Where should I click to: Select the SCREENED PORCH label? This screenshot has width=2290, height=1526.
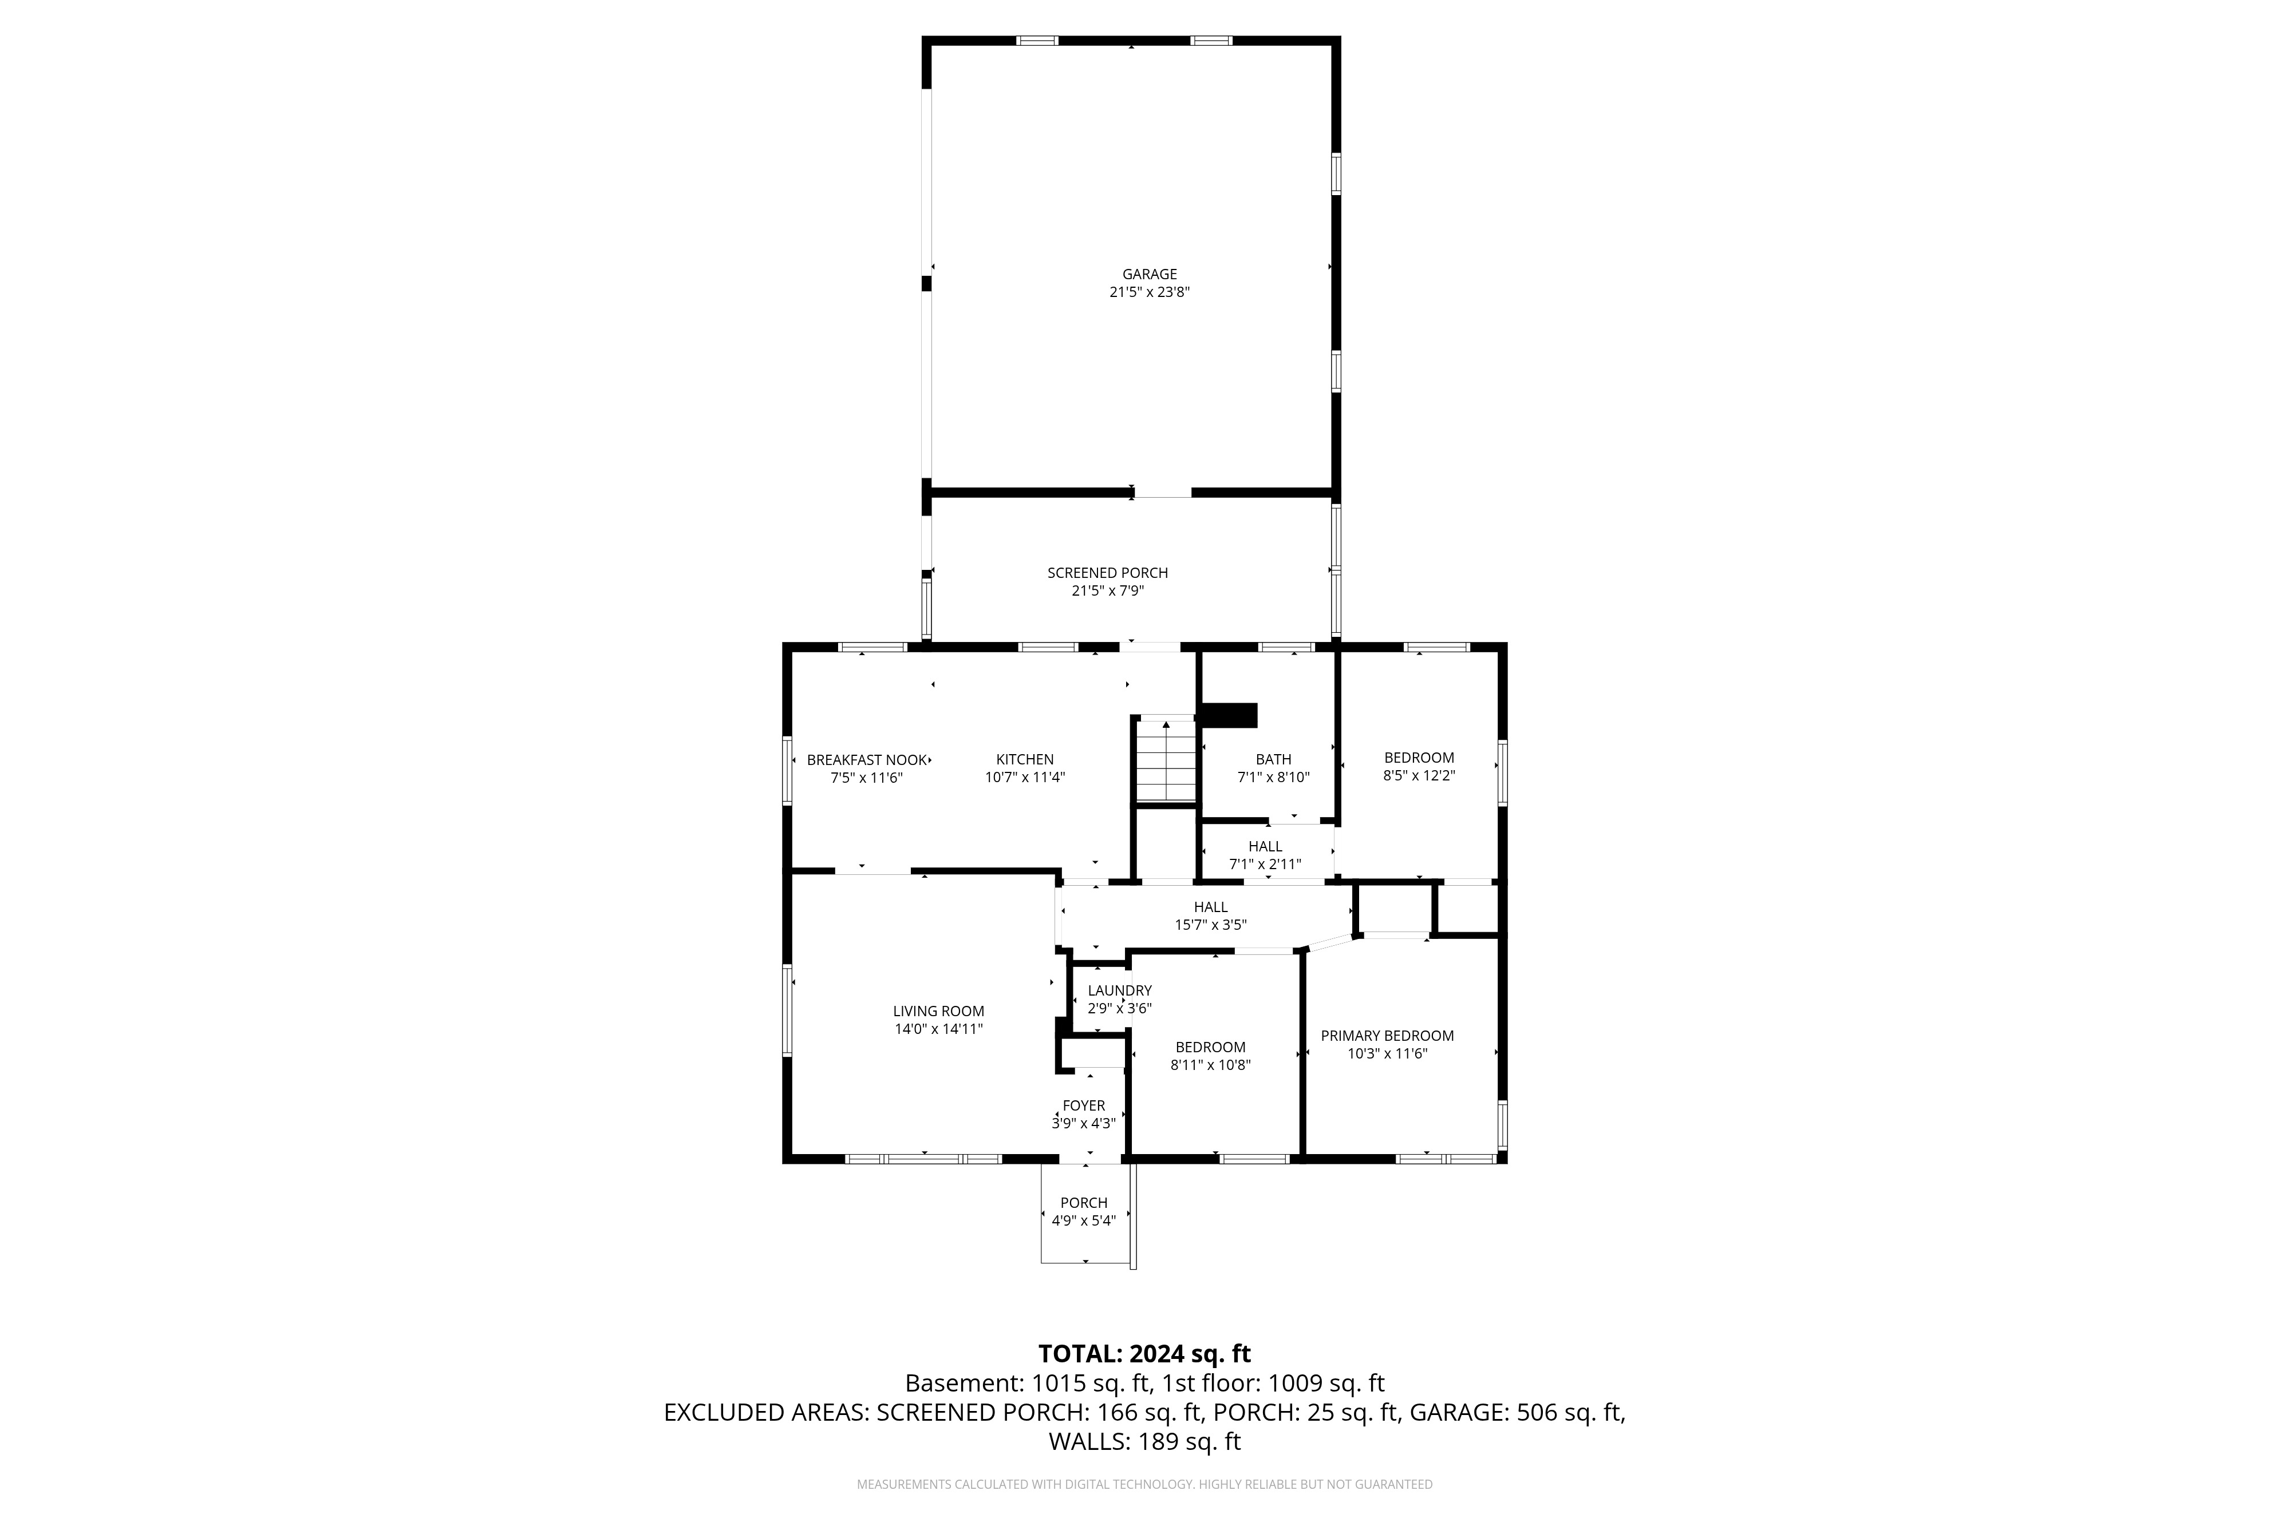coord(1107,573)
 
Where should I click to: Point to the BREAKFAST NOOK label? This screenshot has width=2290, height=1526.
coord(867,760)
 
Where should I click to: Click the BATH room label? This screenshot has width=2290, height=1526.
coord(1273,760)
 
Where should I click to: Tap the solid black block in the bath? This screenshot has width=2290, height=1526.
coord(1229,715)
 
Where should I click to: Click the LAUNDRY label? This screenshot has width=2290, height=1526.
coord(1120,991)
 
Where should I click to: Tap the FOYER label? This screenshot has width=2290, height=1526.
coord(1084,1105)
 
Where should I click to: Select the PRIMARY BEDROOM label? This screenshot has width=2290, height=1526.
coord(1387,1036)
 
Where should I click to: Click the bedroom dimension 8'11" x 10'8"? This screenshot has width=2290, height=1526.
coord(1210,1065)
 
